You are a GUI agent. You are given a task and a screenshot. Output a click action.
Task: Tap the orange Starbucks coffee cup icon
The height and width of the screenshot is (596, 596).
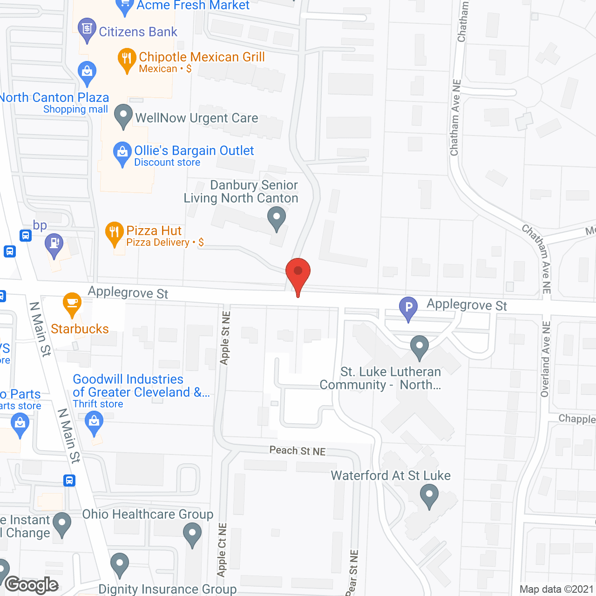tap(72, 303)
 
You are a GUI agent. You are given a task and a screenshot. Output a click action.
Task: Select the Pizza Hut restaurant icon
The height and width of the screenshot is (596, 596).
tap(114, 233)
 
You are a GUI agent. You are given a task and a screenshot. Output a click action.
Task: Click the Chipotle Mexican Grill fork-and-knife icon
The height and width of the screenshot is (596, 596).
tap(127, 59)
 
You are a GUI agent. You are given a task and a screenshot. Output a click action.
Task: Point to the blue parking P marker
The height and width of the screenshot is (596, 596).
tap(408, 308)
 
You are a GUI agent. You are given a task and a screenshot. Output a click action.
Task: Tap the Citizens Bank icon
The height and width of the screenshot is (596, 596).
tap(87, 29)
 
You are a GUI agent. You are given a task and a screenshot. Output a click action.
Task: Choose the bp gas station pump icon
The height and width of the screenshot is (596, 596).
tap(54, 244)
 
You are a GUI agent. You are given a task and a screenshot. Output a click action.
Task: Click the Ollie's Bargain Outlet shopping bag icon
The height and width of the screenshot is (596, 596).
tap(122, 153)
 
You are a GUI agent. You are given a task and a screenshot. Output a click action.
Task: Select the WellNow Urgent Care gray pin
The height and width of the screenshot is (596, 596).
tap(123, 115)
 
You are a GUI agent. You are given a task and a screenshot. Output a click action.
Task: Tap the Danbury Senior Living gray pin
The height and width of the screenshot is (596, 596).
tap(277, 218)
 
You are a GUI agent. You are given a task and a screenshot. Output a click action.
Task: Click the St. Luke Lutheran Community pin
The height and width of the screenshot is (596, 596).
tap(420, 346)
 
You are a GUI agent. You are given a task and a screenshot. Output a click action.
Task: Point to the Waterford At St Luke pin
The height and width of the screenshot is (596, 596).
tap(429, 495)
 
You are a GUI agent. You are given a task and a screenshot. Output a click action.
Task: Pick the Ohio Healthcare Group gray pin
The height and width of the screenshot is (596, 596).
tap(192, 534)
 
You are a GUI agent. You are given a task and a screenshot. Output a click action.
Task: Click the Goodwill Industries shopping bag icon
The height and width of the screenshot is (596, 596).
tap(94, 422)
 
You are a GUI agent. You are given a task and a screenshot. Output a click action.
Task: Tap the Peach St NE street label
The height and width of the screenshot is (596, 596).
tap(298, 451)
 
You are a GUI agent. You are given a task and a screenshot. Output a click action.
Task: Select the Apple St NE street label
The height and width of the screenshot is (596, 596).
tap(225, 338)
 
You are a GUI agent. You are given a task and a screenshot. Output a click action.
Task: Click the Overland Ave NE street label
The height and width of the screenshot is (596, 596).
tap(545, 359)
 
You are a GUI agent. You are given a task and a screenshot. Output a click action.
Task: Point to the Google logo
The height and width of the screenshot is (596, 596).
tap(32, 585)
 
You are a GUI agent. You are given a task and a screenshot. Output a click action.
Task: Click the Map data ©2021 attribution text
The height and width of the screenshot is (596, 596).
tap(557, 589)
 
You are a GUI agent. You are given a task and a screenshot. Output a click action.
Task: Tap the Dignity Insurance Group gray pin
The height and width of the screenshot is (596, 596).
tap(120, 564)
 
